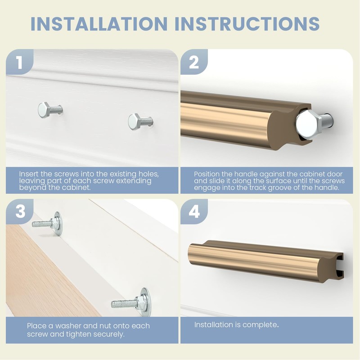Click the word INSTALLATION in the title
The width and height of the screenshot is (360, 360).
click(x=99, y=23)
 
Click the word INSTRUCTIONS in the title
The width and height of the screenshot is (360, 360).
click(x=247, y=23)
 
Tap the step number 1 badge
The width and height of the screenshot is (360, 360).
click(x=19, y=62)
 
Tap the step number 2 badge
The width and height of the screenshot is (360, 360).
click(x=194, y=62)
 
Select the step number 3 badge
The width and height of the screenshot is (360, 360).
click(x=20, y=211)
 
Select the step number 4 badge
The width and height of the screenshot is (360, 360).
click(x=194, y=211)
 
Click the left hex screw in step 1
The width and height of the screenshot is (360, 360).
click(x=50, y=110)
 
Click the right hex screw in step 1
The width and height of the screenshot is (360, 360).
click(x=140, y=121)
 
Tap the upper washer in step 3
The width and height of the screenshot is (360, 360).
click(x=58, y=223)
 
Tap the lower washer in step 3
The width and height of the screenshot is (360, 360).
click(x=146, y=301)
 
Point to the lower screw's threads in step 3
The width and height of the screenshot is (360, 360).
click(x=124, y=304)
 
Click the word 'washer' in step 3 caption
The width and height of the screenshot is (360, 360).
click(x=68, y=326)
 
